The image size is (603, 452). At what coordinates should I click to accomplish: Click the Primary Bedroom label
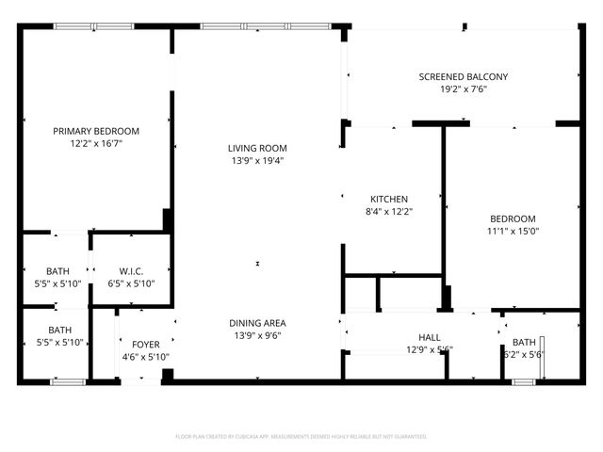(x=96, y=131)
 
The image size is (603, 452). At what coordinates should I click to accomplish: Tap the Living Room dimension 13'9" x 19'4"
(x=257, y=160)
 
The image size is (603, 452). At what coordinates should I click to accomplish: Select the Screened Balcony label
(x=463, y=77)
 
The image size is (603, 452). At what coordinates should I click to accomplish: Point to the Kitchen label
(x=388, y=199)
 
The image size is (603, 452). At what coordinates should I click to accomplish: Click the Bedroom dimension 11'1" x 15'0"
(x=513, y=231)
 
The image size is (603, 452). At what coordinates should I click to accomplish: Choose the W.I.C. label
(x=131, y=271)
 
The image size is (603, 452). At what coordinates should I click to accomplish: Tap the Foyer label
(x=145, y=344)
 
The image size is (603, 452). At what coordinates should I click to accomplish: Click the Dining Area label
(x=257, y=323)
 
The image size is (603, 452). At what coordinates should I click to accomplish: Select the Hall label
(x=430, y=337)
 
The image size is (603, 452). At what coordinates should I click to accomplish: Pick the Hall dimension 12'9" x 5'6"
(x=430, y=349)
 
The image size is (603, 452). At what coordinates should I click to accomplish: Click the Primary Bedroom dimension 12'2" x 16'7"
(x=96, y=144)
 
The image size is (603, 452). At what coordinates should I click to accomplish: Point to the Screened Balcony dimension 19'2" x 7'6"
(x=463, y=90)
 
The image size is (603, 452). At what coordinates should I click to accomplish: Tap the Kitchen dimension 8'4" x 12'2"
(x=388, y=212)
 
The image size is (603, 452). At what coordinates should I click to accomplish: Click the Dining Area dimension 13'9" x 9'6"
(x=257, y=335)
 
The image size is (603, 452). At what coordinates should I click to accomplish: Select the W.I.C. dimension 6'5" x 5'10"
(x=131, y=283)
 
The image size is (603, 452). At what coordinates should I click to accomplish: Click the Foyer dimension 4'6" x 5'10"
(x=145, y=357)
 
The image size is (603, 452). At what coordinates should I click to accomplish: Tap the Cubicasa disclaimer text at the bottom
(x=301, y=437)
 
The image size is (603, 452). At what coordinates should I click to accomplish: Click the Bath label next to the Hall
(x=524, y=342)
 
